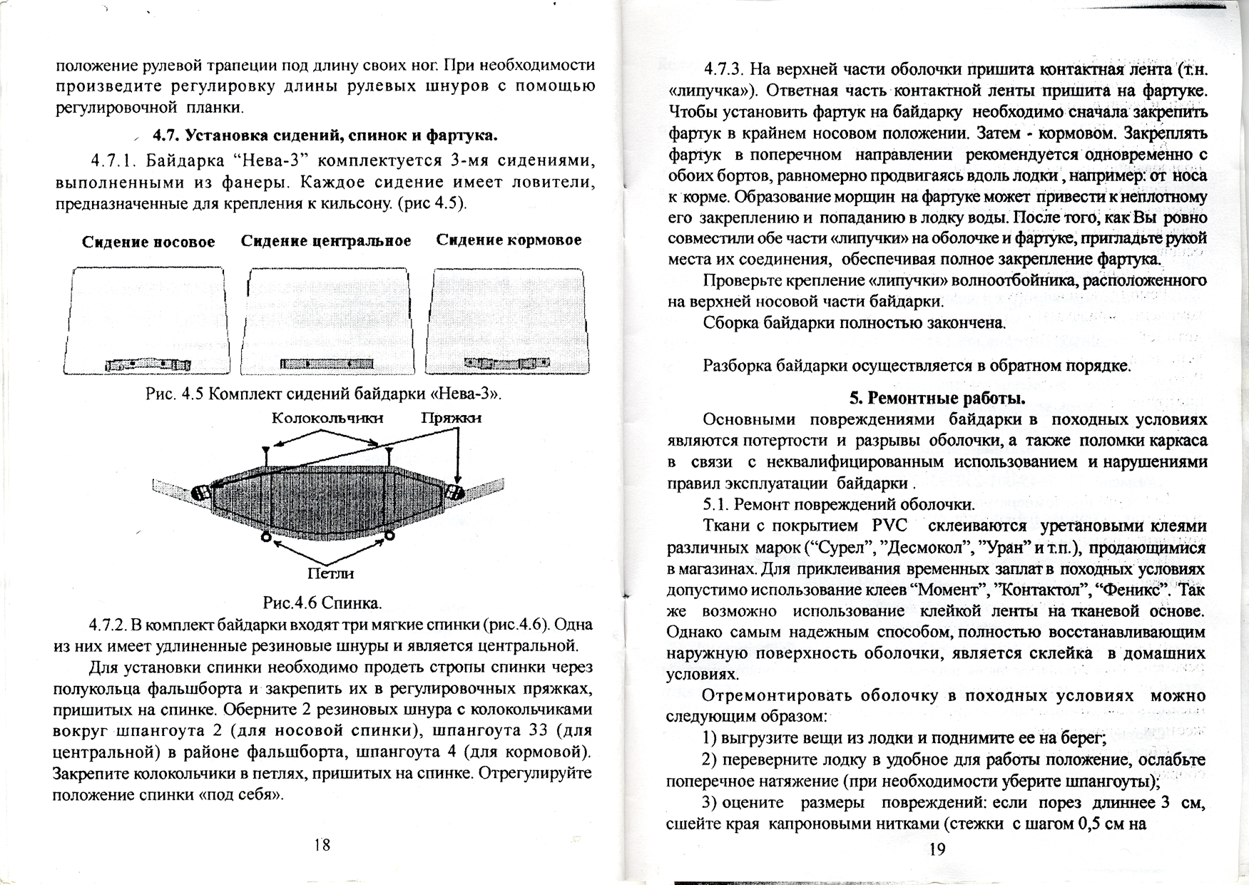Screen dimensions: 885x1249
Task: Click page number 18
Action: [322, 845]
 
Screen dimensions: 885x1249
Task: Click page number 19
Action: [937, 849]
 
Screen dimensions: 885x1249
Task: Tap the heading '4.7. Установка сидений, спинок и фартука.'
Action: [325, 135]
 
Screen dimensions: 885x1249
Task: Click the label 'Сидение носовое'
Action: [148, 242]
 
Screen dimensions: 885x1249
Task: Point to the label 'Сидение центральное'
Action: [326, 241]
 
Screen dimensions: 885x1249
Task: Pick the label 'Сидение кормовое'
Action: [509, 240]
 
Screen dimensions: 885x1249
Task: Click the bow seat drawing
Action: [148, 321]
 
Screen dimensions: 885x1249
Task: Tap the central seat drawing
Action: [326, 321]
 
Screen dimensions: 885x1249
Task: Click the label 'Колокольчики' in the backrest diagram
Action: [327, 418]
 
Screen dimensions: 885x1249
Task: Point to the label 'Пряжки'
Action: [451, 418]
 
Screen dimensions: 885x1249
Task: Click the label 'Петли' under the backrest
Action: [330, 573]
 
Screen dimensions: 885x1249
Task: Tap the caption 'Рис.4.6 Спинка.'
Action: [322, 603]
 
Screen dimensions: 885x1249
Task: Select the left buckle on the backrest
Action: [200, 493]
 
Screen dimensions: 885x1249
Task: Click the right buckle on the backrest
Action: [454, 491]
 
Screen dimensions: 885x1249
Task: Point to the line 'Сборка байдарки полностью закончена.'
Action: [854, 322]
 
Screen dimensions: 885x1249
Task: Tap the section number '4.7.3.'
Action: [725, 70]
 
